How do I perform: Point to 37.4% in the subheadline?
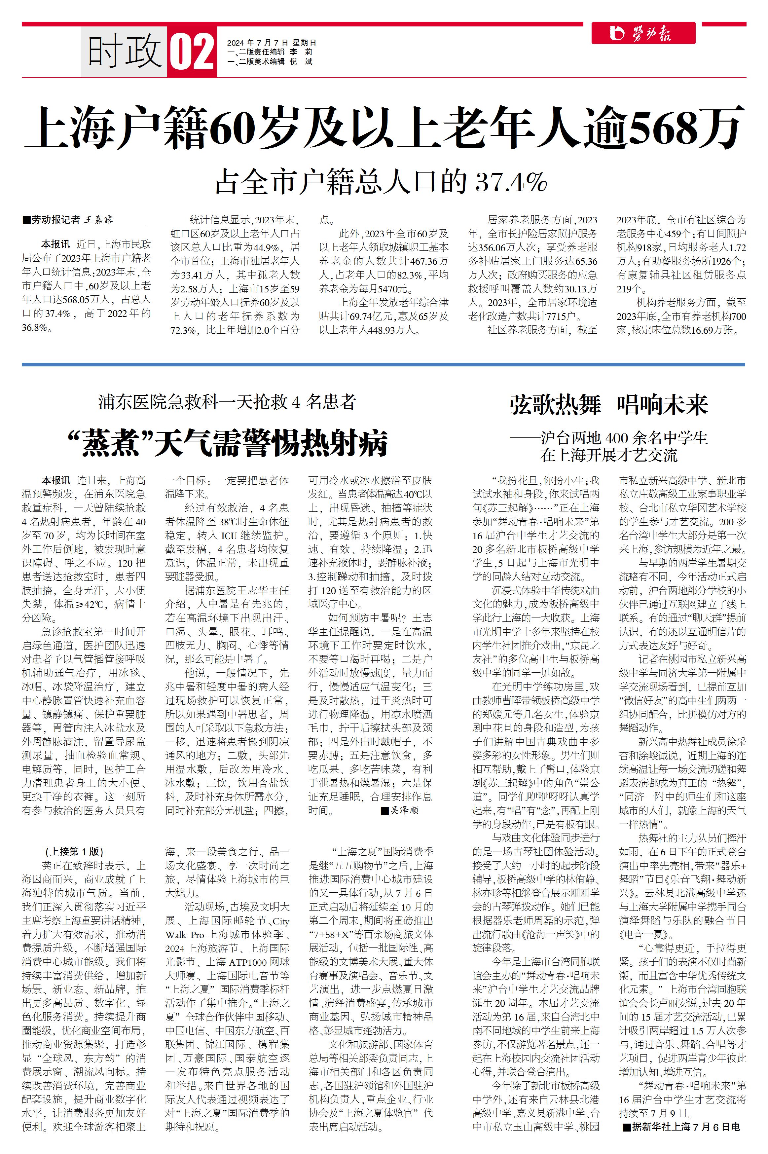pos(511,182)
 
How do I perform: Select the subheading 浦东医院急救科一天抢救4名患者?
pos(227,402)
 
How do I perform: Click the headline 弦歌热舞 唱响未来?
pos(608,405)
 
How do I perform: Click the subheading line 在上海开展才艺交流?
pos(609,455)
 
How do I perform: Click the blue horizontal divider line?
pos(384,364)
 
